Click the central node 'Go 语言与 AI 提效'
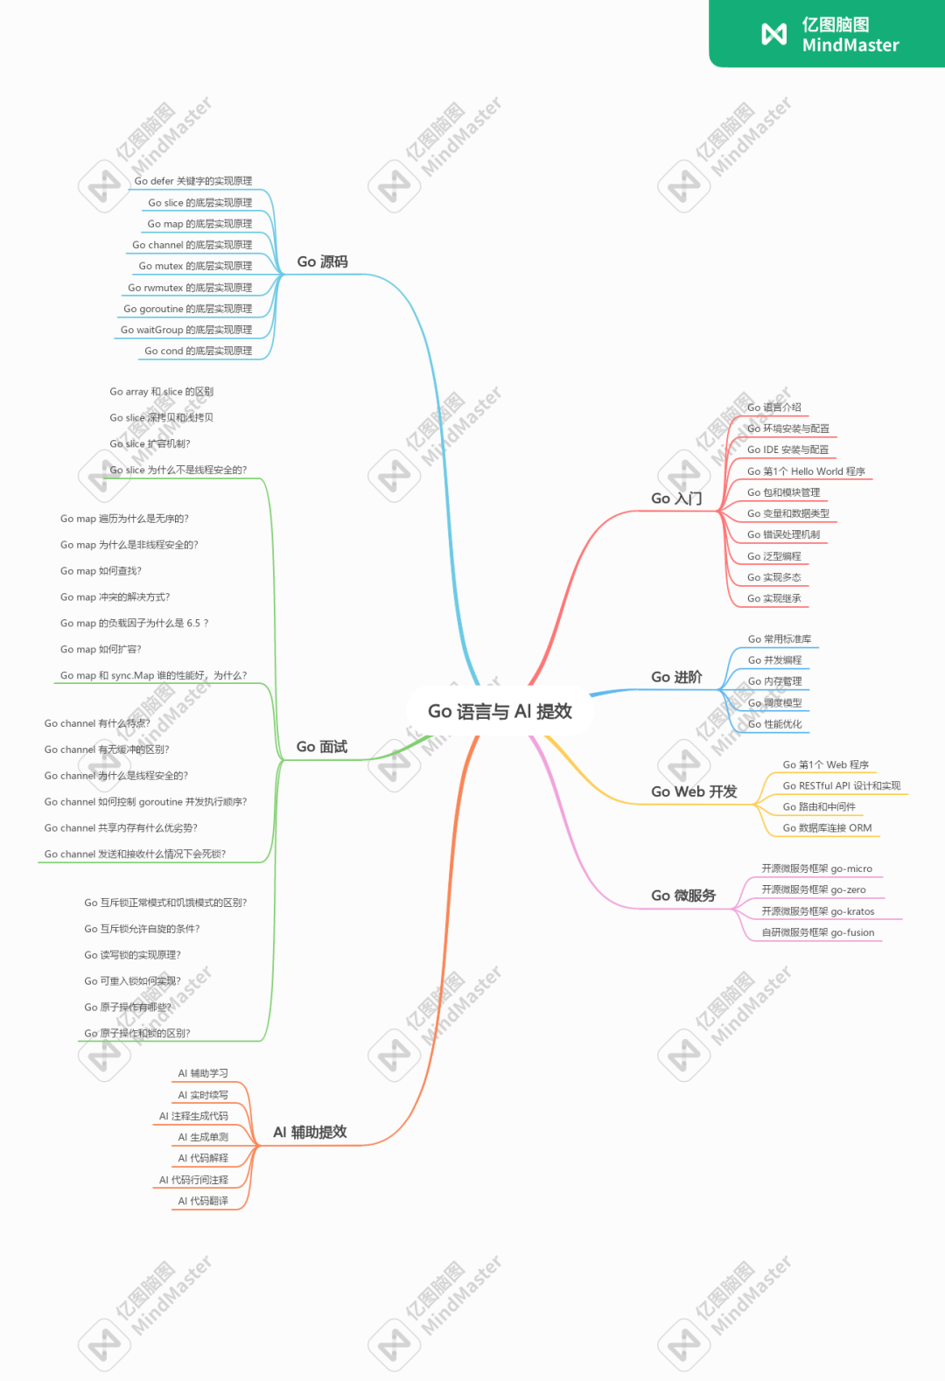coord(500,711)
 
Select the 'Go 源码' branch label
coord(322,262)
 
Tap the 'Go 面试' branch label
coord(321,746)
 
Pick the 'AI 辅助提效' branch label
coord(310,1132)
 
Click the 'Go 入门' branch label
coord(676,499)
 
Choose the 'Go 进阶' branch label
coord(676,677)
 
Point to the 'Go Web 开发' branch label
coord(694,792)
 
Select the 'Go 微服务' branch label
coord(683,896)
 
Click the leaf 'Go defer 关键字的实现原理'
coord(192,181)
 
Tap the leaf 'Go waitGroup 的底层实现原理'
coord(185,330)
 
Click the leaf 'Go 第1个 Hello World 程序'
coord(806,471)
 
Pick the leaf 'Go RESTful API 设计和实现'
coord(841,785)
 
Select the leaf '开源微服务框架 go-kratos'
coord(817,911)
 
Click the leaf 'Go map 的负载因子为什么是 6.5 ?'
coord(134,624)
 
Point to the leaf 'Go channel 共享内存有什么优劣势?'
coord(121,828)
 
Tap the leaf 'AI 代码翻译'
coord(203,1201)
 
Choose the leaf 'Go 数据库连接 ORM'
coord(827,828)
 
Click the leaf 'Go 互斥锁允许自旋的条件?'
coord(142,929)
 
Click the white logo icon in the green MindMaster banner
coord(774,34)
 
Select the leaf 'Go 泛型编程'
coord(773,556)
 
